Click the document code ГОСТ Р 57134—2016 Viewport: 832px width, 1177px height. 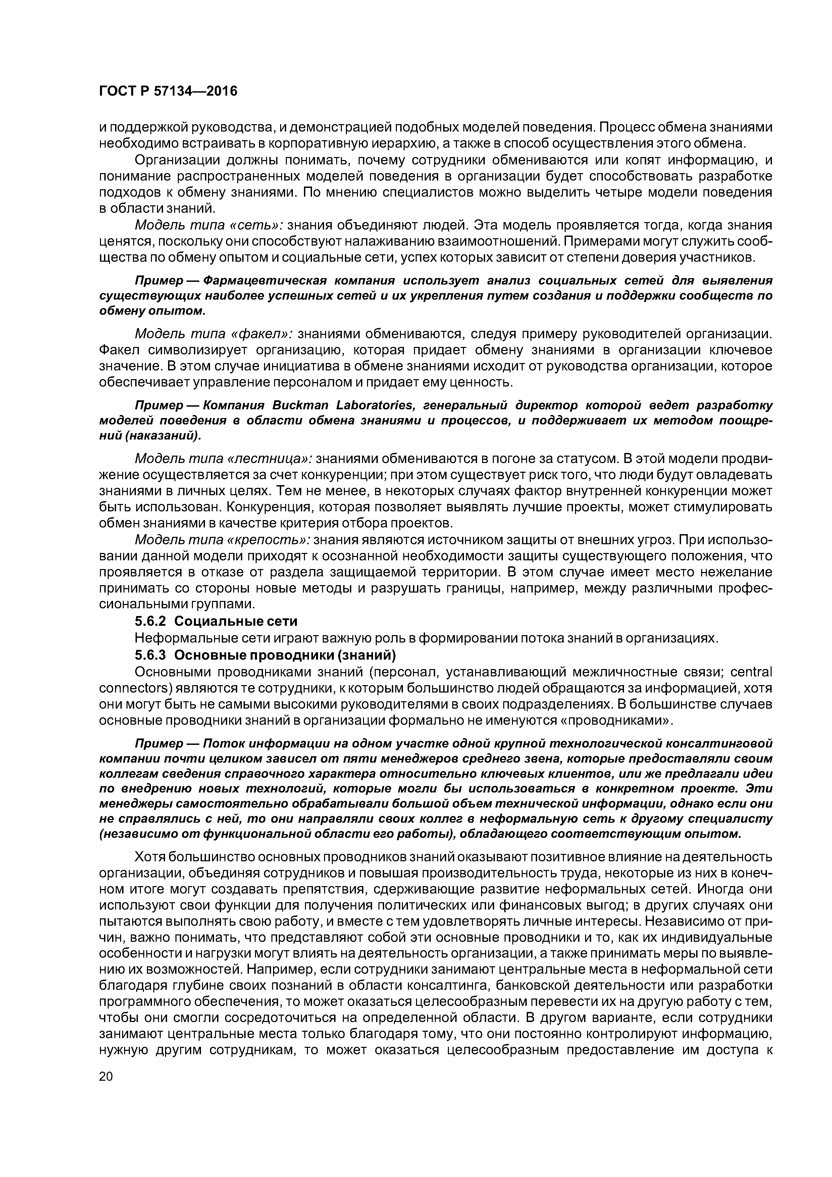point(168,91)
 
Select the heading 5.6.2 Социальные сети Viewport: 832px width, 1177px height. point(216,621)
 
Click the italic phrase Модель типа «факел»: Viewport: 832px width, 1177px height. point(213,334)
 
